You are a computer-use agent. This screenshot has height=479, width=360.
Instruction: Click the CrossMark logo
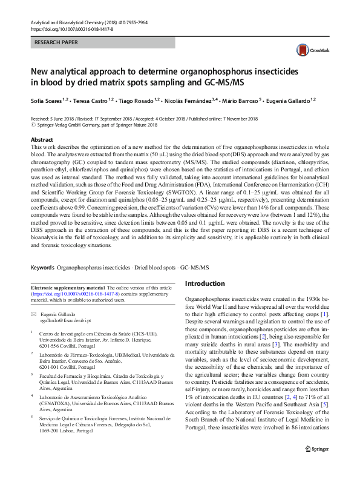point(307,51)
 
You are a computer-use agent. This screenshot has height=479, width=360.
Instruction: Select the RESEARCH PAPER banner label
point(57,44)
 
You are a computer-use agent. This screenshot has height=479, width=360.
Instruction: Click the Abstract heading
point(42,139)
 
